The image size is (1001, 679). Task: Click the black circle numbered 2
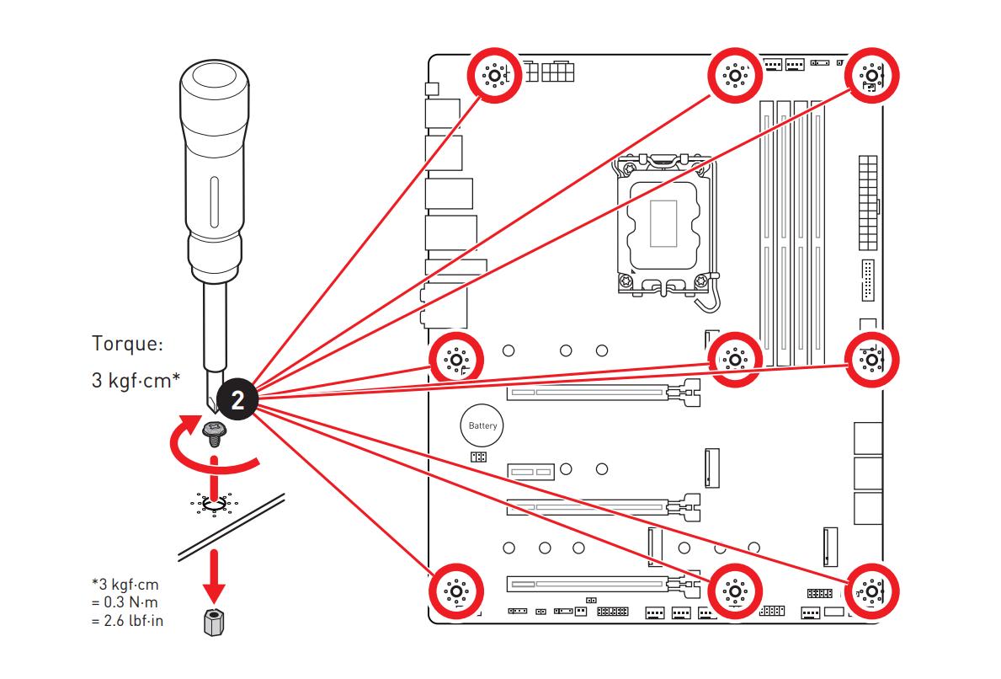[x=237, y=400]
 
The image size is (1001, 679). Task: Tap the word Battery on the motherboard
[x=482, y=425]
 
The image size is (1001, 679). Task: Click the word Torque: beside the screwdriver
[x=128, y=344]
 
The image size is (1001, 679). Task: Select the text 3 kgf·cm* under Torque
[x=136, y=381]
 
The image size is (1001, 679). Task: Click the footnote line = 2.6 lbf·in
[x=127, y=620]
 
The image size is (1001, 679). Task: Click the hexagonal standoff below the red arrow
[x=215, y=623]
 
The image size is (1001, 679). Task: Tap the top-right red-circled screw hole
[x=872, y=75]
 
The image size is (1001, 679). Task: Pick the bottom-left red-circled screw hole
[x=455, y=592]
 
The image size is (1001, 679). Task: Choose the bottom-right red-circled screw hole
[x=872, y=592]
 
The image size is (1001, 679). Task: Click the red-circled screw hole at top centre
[x=735, y=75]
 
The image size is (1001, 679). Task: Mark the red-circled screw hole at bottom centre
[x=735, y=592]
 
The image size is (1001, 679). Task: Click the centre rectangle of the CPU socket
[x=663, y=223]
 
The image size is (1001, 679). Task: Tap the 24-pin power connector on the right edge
[x=868, y=202]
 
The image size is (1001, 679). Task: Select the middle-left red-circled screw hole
[x=455, y=360]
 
